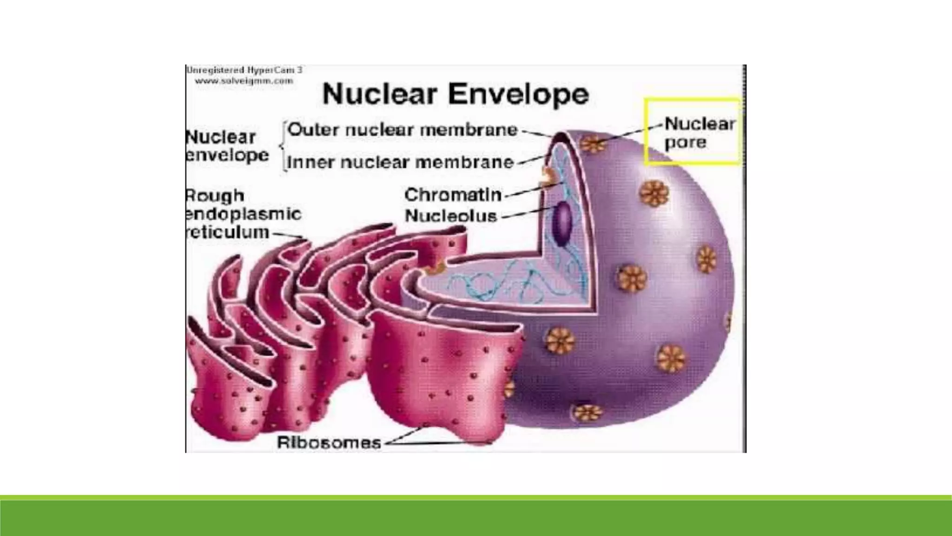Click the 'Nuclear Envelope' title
tap(456, 94)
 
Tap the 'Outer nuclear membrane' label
tap(403, 130)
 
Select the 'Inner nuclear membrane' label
tap(400, 162)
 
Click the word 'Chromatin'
tap(453, 194)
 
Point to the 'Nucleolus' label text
tap(451, 216)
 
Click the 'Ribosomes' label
tap(329, 442)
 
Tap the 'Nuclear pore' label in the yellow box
tap(699, 133)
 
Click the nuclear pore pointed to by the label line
tap(593, 144)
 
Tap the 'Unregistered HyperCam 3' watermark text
tap(244, 70)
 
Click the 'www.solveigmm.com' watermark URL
tap(244, 81)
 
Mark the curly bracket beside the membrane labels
tap(283, 146)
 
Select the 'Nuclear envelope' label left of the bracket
tap(226, 146)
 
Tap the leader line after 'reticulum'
tap(287, 235)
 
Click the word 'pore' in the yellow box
tap(685, 142)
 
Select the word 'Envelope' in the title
tap(518, 94)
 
